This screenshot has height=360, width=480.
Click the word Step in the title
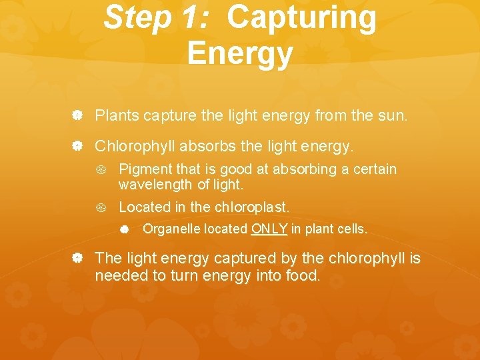(x=137, y=18)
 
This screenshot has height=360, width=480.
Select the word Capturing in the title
(x=301, y=18)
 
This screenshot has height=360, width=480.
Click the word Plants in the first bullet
(x=116, y=115)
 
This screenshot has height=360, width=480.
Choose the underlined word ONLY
(x=269, y=229)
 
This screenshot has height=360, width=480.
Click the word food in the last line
(x=301, y=275)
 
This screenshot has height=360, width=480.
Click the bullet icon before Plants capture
(x=77, y=116)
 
